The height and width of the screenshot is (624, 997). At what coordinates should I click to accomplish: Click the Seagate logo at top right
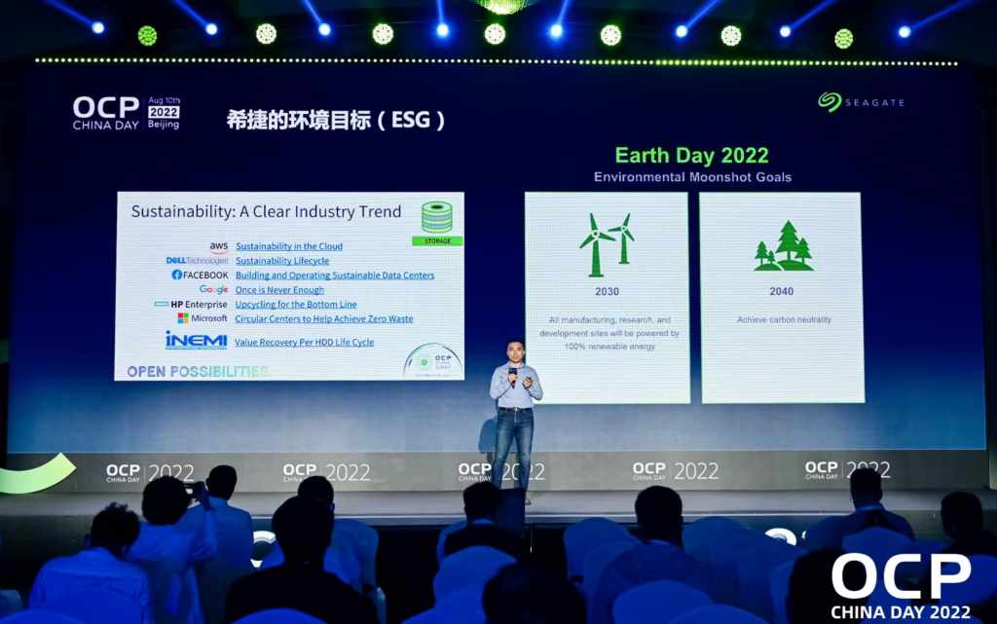tap(860, 101)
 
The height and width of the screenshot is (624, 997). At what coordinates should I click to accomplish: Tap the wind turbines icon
tap(607, 243)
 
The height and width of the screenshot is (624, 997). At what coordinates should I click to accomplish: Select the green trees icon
tap(784, 246)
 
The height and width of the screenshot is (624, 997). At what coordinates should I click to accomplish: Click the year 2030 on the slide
tap(606, 292)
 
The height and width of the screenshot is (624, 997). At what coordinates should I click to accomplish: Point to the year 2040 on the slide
tap(781, 292)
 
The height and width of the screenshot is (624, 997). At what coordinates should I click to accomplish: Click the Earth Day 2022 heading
tap(691, 156)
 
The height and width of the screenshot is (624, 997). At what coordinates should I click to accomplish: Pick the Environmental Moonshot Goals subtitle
tap(692, 177)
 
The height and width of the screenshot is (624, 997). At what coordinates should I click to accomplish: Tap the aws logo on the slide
tap(218, 247)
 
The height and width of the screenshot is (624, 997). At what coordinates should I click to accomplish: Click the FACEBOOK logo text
tap(200, 275)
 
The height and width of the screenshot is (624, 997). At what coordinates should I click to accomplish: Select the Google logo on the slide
tap(213, 290)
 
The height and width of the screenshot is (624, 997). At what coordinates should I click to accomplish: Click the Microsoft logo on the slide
tap(203, 318)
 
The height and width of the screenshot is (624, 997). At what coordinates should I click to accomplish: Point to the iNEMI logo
tap(196, 341)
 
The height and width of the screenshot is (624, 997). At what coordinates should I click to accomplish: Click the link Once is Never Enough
tap(279, 290)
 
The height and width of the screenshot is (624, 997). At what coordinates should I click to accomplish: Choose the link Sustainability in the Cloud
tap(289, 246)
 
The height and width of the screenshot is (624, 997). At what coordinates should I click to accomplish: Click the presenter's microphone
tap(512, 372)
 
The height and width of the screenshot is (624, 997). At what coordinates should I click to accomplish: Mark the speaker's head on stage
tap(514, 351)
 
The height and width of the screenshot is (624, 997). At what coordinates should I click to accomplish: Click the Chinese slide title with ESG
tap(336, 121)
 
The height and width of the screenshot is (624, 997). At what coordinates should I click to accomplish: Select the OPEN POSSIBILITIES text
tap(198, 372)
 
